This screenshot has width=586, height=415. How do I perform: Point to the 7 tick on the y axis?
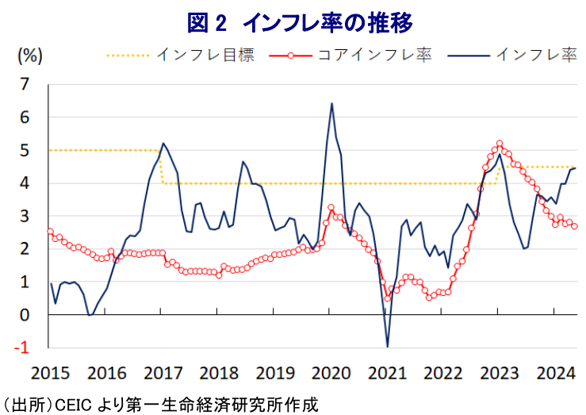tap(25, 83)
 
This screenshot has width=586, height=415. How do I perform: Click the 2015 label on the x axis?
tap(50, 372)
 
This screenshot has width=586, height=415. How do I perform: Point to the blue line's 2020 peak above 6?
tap(331, 103)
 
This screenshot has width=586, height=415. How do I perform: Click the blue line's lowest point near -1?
tap(387, 347)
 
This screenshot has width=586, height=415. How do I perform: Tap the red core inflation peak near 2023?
tap(500, 144)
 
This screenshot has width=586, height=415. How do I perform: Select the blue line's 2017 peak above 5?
tap(163, 144)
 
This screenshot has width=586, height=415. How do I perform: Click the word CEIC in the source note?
tap(72, 404)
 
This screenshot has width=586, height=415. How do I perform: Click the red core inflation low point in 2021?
tap(388, 298)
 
